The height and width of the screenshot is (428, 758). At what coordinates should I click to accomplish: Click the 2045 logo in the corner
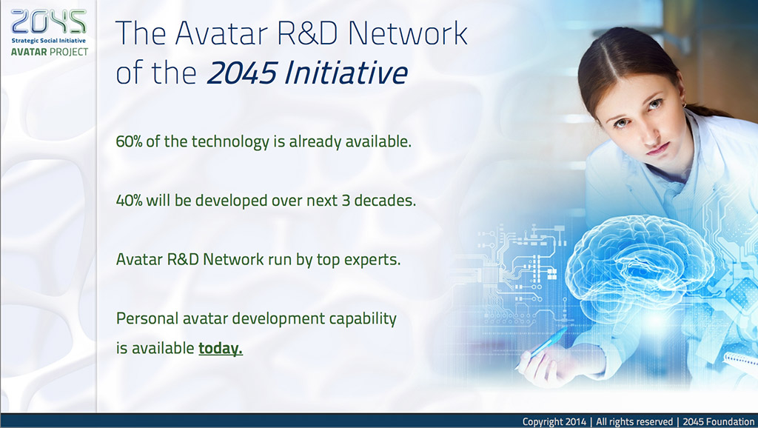coord(48,21)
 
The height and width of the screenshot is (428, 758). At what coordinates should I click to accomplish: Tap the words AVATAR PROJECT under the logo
coord(50,52)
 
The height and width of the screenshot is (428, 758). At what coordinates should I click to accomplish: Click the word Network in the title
coord(407,33)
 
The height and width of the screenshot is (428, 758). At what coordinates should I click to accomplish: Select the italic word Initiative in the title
coord(346,73)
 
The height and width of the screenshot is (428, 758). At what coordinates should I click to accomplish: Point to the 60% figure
coord(130,141)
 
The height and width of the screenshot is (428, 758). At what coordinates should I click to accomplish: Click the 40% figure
coord(129,200)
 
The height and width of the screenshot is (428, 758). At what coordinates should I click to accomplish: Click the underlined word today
coord(221,348)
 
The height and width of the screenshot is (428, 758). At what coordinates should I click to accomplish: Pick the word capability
coord(363,318)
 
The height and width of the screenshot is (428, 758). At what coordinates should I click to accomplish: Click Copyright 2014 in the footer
coord(554,422)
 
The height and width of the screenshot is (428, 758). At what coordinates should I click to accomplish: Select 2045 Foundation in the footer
coord(718,422)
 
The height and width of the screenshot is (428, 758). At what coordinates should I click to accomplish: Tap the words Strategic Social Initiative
coord(49,41)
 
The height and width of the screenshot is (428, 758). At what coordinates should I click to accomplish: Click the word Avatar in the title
coord(221,33)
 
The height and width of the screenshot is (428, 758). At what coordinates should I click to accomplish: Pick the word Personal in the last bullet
coord(147,318)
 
